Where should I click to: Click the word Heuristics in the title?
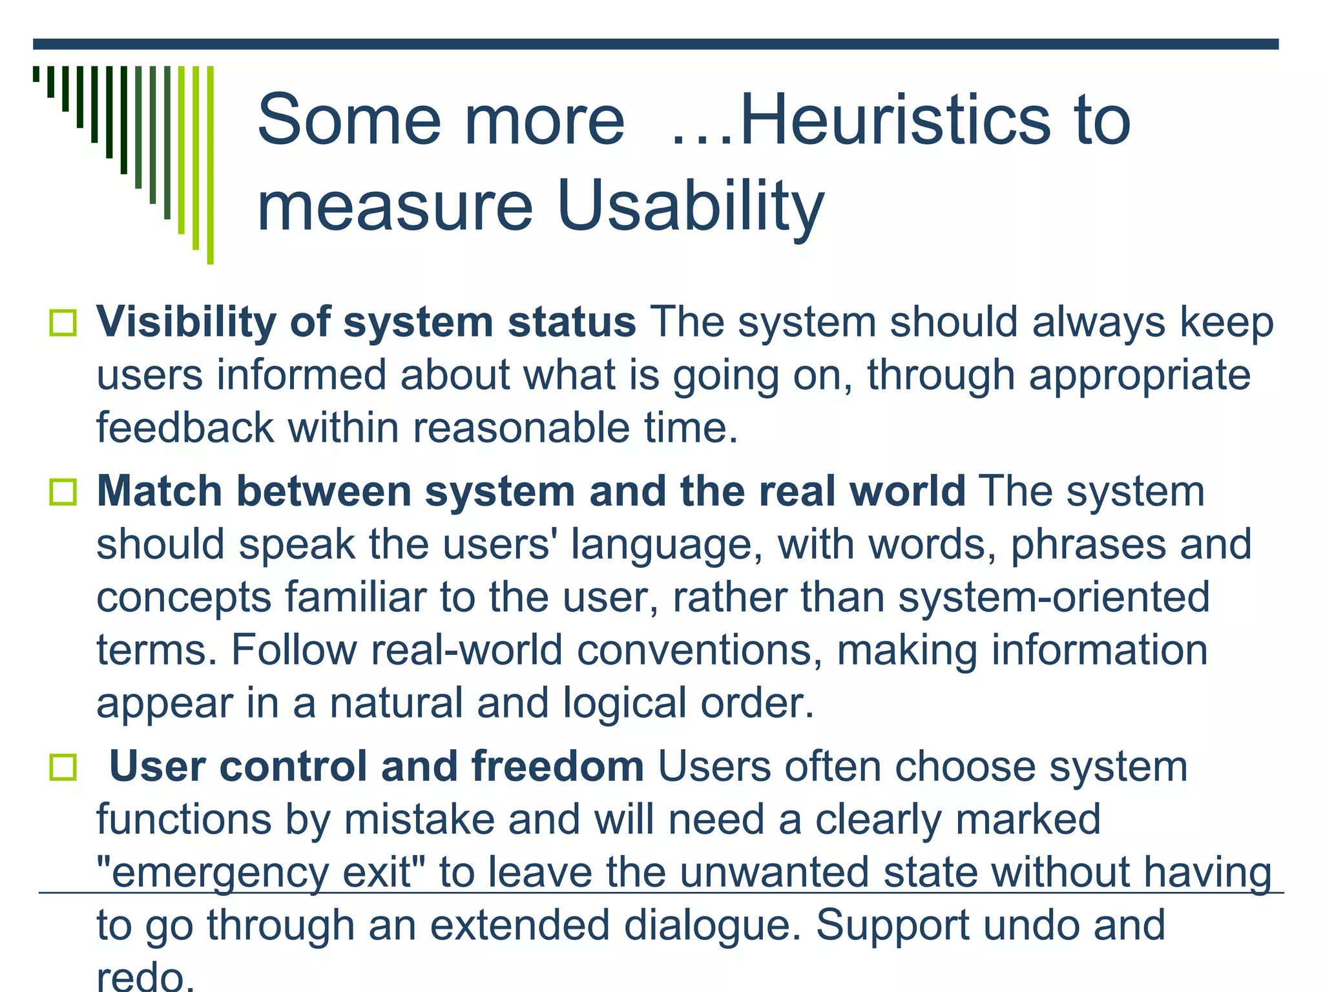895,120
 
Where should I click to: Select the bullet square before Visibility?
63,322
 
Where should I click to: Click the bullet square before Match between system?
63,492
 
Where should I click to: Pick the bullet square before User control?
63,767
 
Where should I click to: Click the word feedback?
185,428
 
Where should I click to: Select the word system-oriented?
1054,597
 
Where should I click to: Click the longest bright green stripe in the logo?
210,165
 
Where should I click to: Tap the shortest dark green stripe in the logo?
36,74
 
